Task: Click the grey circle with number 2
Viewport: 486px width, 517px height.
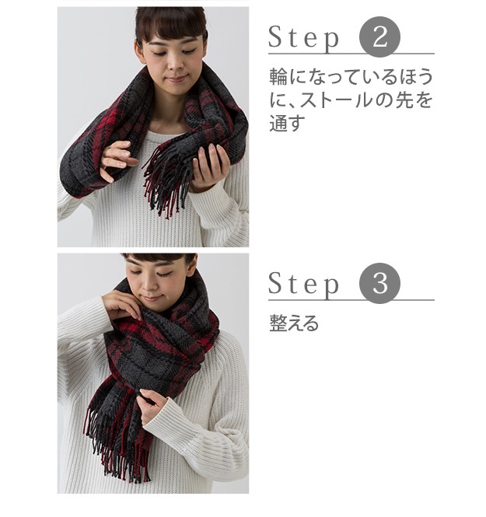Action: click(379, 37)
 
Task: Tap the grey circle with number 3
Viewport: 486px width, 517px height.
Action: click(379, 283)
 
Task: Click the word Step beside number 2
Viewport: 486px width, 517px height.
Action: click(304, 38)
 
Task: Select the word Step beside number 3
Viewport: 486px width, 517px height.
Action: click(304, 285)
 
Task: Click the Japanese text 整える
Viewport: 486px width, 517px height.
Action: click(294, 323)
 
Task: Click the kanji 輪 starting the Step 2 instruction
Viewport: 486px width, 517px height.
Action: click(278, 76)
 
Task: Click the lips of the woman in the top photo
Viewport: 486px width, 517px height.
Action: click(177, 79)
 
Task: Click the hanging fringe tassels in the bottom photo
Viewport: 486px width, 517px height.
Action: click(117, 445)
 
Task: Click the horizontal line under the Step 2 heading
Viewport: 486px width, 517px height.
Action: click(351, 54)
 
